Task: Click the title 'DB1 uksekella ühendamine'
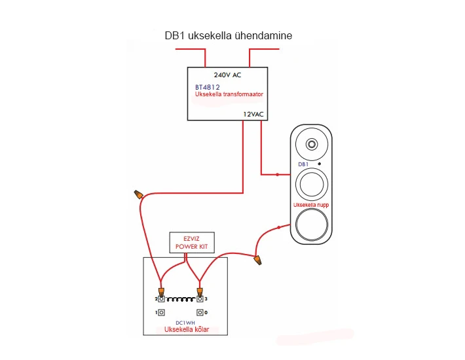[229, 37]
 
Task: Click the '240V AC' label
[227, 75]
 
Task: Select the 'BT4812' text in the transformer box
[207, 86]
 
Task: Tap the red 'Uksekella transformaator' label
[229, 94]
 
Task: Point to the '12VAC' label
[253, 114]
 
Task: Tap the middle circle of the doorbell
[311, 184]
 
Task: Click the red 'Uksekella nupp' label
[311, 205]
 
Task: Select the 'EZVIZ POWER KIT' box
[191, 243]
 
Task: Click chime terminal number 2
[161, 299]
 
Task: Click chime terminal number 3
[200, 299]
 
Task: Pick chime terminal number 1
[161, 313]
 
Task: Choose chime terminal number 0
[200, 313]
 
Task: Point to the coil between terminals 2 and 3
[180, 299]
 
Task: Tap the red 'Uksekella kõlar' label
[186, 330]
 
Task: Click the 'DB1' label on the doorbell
[303, 164]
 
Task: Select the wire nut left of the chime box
[138, 194]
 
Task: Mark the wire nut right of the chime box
[259, 260]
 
